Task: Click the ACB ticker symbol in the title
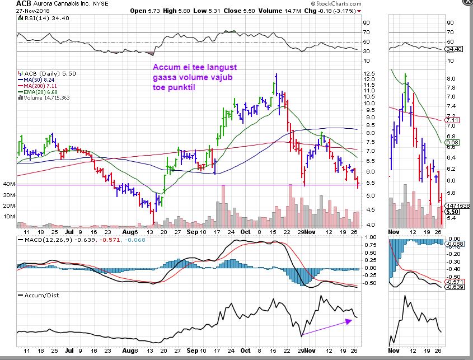pyautogui.click(x=8, y=3)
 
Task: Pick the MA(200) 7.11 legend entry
pyautogui.click(x=42, y=86)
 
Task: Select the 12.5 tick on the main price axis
pyautogui.click(x=368, y=73)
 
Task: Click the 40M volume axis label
pyautogui.click(x=8, y=184)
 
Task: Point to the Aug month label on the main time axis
pyautogui.click(x=129, y=231)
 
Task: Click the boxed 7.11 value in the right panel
pyautogui.click(x=452, y=120)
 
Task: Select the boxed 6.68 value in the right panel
pyautogui.click(x=452, y=143)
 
